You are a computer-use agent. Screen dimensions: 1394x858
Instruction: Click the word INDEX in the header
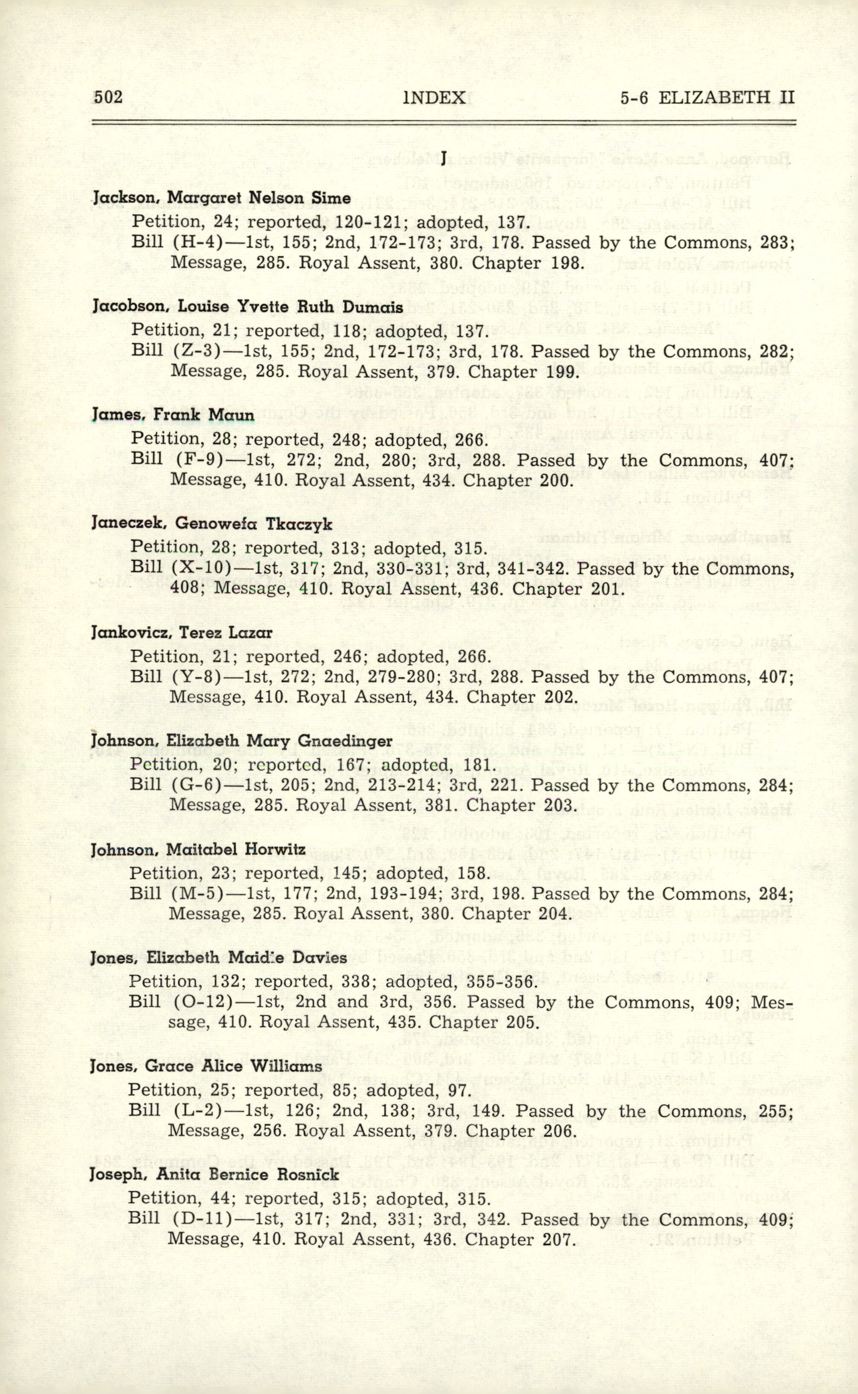pos(434,98)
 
